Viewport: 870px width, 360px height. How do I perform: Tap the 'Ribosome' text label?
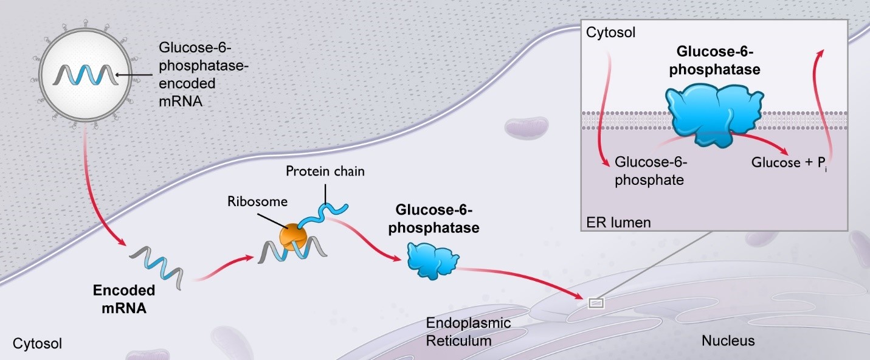click(250, 200)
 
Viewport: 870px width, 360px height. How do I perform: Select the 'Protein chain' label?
click(325, 171)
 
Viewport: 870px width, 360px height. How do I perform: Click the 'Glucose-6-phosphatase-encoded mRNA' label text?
click(196, 74)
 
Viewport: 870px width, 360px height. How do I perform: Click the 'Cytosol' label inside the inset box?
click(610, 33)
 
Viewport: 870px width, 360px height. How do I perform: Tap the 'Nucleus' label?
click(728, 341)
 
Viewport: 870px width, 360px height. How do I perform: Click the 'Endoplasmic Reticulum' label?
click(459, 331)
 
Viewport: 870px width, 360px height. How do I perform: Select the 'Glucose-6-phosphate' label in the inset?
click(650, 171)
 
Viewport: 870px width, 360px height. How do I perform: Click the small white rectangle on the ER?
click(596, 302)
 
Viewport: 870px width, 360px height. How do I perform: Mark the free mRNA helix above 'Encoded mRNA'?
click(156, 265)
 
